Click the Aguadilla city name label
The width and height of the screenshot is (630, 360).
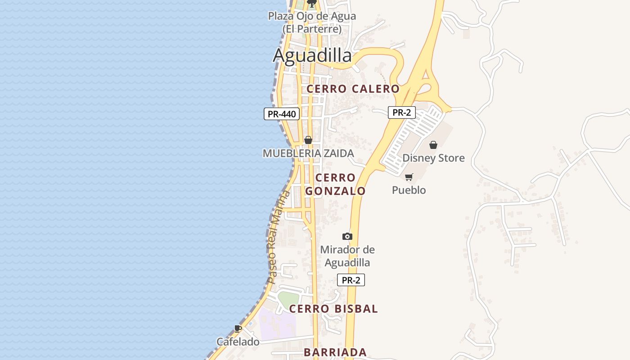click(312, 55)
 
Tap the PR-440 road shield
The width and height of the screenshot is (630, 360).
click(282, 114)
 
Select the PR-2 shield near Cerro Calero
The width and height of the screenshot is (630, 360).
click(401, 112)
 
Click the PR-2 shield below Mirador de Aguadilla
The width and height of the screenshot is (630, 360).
click(351, 280)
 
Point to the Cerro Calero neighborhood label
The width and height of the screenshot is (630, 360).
click(353, 89)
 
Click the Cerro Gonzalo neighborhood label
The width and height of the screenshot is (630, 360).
click(335, 184)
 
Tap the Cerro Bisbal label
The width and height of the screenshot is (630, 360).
click(333, 309)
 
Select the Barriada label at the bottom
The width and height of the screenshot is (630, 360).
click(335, 352)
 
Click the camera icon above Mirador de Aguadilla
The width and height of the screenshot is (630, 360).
click(347, 236)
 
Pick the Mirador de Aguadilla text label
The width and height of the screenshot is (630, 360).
click(347, 256)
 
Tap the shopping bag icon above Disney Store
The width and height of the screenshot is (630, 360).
click(433, 145)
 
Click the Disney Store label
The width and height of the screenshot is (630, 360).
click(433, 158)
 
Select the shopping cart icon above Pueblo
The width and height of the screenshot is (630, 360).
click(409, 177)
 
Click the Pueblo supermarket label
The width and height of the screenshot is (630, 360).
click(409, 190)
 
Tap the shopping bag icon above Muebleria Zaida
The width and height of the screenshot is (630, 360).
click(308, 140)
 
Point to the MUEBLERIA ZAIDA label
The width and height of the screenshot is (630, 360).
click(308, 153)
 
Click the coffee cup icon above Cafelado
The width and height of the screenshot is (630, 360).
click(238, 329)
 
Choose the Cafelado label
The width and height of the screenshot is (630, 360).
click(238, 342)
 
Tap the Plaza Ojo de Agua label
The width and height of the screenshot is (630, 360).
click(312, 22)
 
